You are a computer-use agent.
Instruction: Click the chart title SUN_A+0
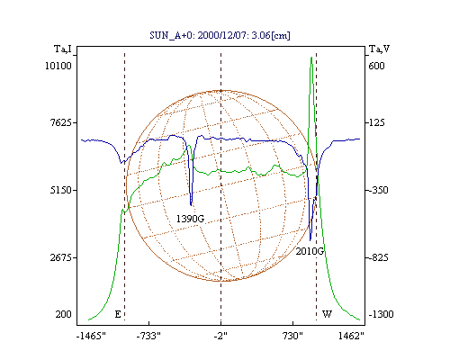[x=169, y=36]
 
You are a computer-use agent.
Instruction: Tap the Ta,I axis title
[x=63, y=49]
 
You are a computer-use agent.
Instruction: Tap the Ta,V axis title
[x=379, y=49]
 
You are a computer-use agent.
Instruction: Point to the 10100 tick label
[x=58, y=66]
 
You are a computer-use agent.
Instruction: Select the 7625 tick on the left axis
[x=61, y=122]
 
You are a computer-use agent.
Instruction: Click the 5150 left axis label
[x=61, y=190]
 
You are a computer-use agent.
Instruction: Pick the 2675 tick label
[x=61, y=257]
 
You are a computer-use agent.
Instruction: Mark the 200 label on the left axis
[x=63, y=314]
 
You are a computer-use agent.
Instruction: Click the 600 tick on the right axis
[x=376, y=66]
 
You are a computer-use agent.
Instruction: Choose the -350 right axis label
[x=378, y=190]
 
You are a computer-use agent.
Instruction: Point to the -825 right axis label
[x=378, y=257]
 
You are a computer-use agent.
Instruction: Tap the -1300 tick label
[x=381, y=314]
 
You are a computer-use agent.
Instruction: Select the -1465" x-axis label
[x=91, y=336]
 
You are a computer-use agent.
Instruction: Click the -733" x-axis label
[x=148, y=336]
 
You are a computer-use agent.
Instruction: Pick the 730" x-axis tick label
[x=292, y=336]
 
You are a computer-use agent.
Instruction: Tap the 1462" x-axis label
[x=351, y=336]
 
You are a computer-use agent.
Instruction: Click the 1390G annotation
[x=190, y=219]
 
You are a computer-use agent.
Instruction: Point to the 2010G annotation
[x=310, y=251]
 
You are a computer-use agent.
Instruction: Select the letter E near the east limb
[x=118, y=314]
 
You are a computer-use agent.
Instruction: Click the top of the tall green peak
[x=311, y=57]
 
